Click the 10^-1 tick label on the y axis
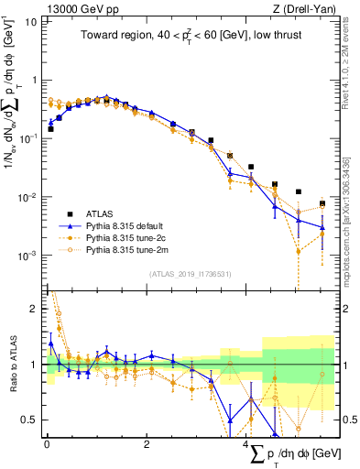(27, 138)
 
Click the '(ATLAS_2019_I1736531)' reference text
(190, 273)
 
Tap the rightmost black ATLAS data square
(322, 203)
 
